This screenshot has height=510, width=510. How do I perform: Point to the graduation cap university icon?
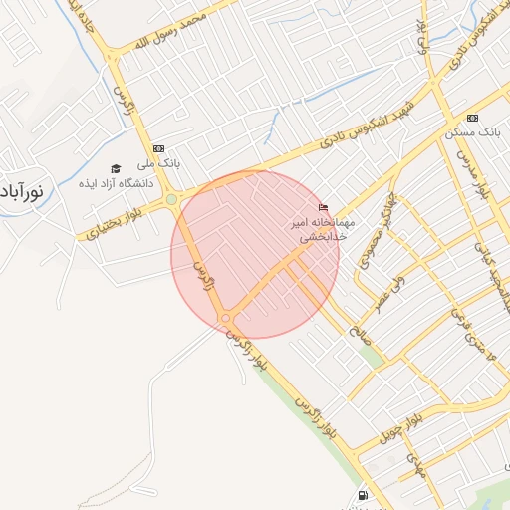[x=116, y=168]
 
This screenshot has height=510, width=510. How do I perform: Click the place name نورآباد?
[x=20, y=188]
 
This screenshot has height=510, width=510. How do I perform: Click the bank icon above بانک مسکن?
[x=472, y=118]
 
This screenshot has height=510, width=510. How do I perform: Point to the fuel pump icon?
[x=361, y=495]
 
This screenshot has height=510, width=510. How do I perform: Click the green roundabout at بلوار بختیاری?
[x=171, y=199]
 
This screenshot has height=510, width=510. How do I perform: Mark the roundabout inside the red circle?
[x=226, y=318]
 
